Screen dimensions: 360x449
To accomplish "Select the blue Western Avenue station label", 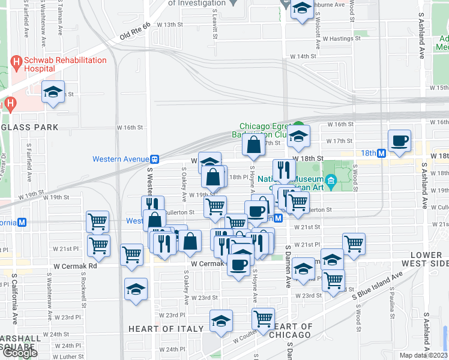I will tap(121, 159).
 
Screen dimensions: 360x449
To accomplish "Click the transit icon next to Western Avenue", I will tap(155, 159).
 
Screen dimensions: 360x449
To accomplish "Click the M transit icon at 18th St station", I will tap(381, 153).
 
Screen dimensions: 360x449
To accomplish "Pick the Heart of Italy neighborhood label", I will tap(161, 329).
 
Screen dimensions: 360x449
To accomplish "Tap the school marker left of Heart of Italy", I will tap(136, 289).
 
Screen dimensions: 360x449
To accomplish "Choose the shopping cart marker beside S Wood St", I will tap(354, 244).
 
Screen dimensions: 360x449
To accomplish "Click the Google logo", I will tap(20, 353).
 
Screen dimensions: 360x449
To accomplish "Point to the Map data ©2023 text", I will tap(423, 355).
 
